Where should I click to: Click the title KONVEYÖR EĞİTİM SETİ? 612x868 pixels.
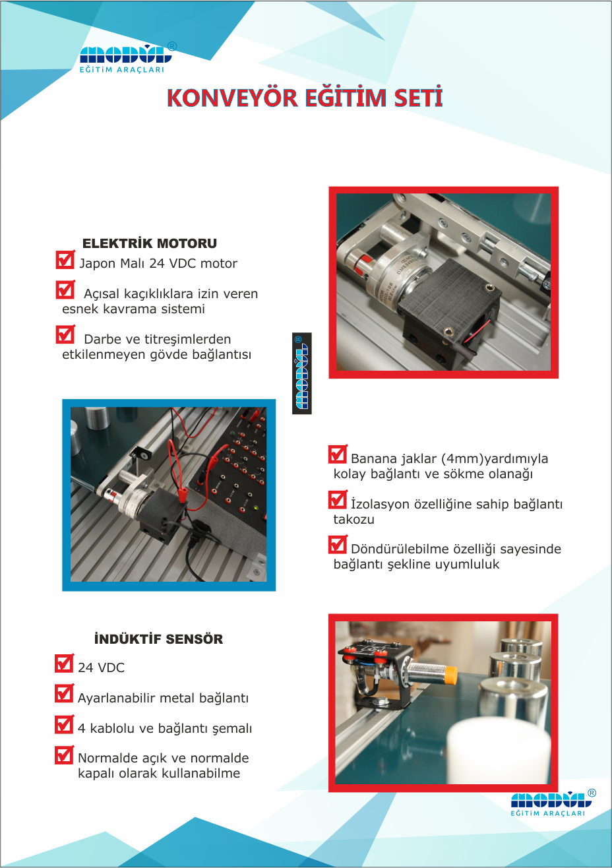click(305, 98)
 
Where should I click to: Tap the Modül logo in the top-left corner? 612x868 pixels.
click(125, 58)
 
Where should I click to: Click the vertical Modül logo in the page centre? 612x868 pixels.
click(301, 373)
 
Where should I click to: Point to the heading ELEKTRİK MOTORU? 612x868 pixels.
click(150, 243)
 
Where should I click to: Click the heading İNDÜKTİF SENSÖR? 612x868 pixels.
click(158, 639)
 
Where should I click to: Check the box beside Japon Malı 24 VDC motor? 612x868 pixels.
click(65, 260)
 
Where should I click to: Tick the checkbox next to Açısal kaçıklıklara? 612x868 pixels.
click(65, 290)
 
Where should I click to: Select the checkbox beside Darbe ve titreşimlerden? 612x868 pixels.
click(65, 335)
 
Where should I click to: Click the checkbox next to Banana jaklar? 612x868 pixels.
click(337, 454)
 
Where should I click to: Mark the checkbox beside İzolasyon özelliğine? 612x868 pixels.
click(337, 500)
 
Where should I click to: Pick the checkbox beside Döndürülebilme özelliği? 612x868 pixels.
click(337, 545)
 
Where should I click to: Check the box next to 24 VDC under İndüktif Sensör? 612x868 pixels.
click(64, 663)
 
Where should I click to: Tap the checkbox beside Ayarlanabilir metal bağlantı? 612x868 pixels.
click(64, 693)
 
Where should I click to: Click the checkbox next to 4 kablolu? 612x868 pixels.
click(64, 724)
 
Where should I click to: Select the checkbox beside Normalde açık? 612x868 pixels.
click(64, 755)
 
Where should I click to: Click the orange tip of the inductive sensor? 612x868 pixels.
click(450, 674)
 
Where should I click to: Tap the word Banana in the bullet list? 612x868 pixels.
click(373, 459)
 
